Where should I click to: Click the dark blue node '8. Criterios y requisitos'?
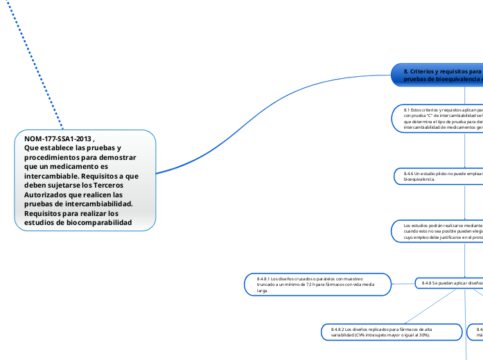(437, 75)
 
